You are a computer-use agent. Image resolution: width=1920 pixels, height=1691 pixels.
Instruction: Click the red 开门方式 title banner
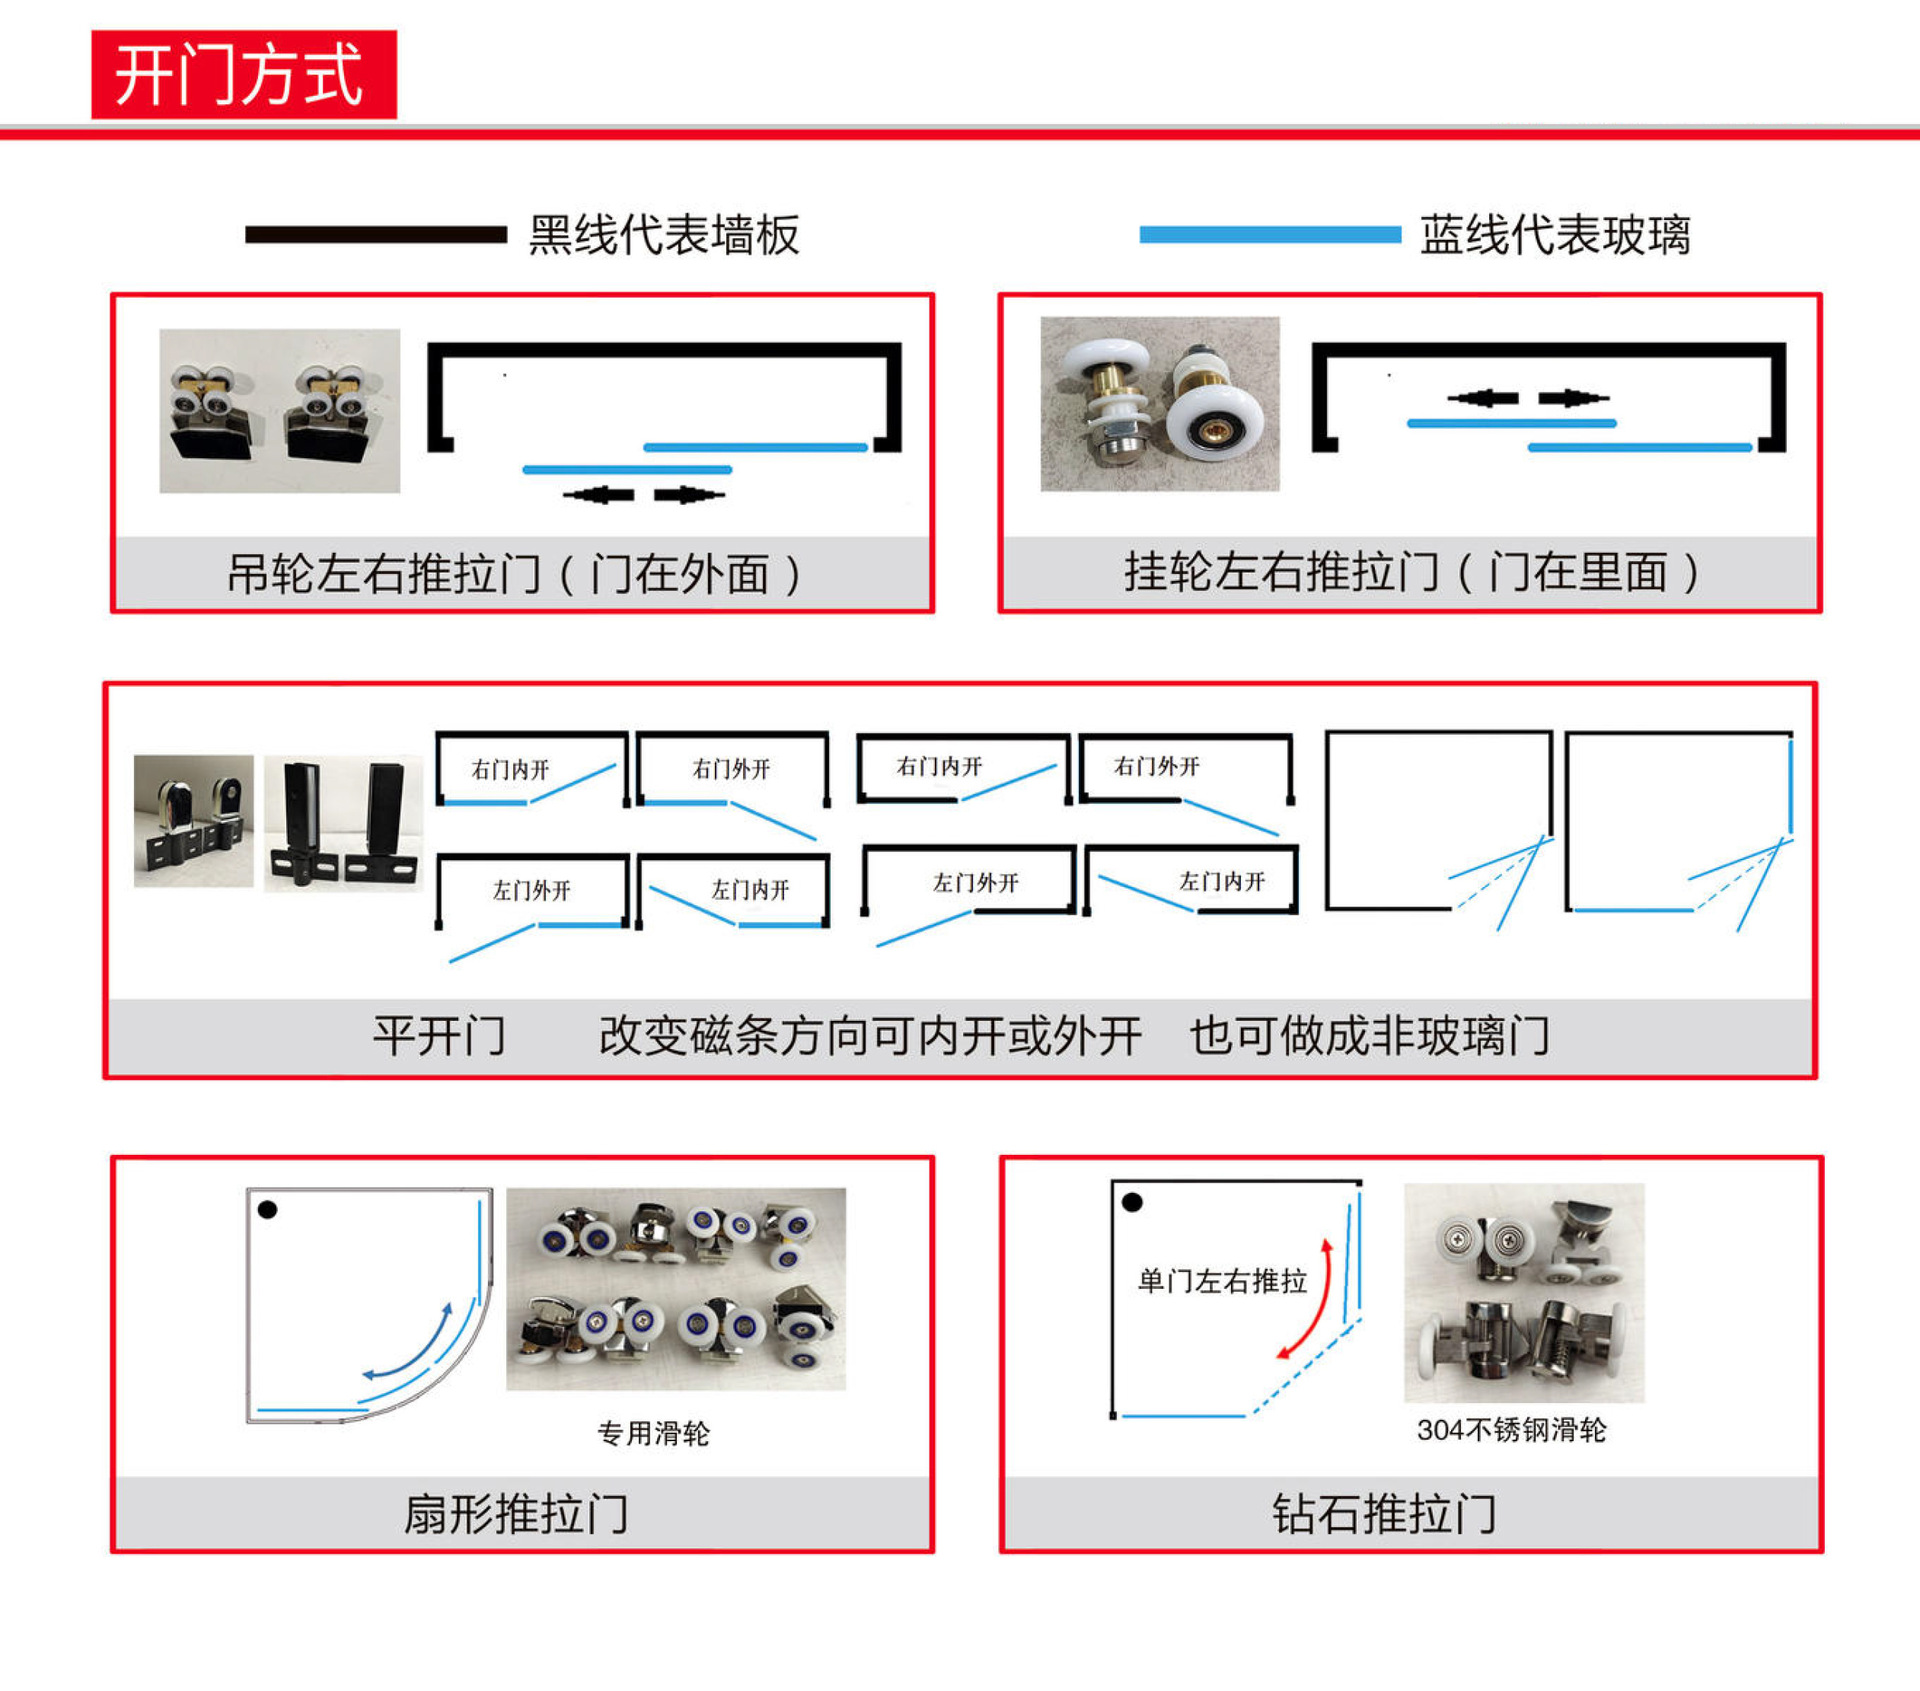pyautogui.click(x=244, y=75)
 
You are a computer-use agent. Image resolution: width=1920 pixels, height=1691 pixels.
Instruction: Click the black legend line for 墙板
pyautogui.click(x=376, y=235)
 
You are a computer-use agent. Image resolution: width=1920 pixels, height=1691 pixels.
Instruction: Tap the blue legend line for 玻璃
pyautogui.click(x=1270, y=235)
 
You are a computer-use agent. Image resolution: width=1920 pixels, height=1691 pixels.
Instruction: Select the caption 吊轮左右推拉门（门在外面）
pyautogui.click(x=514, y=574)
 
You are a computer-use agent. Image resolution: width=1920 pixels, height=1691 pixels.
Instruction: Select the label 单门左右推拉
pyautogui.click(x=1222, y=1281)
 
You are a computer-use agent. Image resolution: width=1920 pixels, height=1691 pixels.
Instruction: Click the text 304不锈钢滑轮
pyautogui.click(x=1511, y=1430)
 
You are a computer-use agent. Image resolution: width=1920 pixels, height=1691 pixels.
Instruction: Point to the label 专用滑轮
pyautogui.click(x=653, y=1433)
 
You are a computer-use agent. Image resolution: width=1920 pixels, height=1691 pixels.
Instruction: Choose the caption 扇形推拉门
pyautogui.click(x=516, y=1514)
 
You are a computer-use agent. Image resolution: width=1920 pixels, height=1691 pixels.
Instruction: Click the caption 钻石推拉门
pyautogui.click(x=1384, y=1514)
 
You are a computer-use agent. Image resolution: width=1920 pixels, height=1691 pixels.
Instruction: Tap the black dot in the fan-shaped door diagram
pyautogui.click(x=267, y=1210)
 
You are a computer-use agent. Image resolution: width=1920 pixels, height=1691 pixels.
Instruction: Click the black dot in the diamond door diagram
pyautogui.click(x=1132, y=1202)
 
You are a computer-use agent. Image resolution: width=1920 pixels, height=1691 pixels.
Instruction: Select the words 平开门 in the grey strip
pyautogui.click(x=439, y=1036)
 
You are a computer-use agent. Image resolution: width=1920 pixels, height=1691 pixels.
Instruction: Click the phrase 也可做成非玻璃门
pyautogui.click(x=1370, y=1036)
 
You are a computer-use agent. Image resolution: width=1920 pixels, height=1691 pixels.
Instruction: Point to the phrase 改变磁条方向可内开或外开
pyautogui.click(x=870, y=1036)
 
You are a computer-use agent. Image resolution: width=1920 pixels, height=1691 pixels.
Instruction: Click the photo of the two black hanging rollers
pyautogui.click(x=280, y=411)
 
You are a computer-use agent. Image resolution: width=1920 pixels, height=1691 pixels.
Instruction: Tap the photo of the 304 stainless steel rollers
pyautogui.click(x=1524, y=1293)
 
